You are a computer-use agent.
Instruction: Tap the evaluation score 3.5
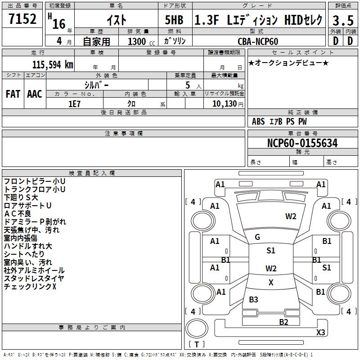[x=342, y=20]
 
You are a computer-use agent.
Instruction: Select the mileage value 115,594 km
[x=53, y=64]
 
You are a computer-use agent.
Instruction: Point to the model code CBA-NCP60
[x=258, y=41]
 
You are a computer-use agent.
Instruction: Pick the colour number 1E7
[x=74, y=103]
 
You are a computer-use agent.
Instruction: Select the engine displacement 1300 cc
[x=136, y=41]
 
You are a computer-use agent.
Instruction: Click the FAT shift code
[x=13, y=94]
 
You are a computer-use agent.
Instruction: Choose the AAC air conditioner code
[x=35, y=94]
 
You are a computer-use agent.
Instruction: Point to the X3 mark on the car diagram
[x=320, y=333]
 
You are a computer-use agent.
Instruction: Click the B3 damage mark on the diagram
[x=254, y=300]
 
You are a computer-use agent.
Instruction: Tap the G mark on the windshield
[x=257, y=237]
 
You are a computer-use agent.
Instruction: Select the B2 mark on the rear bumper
[x=283, y=322]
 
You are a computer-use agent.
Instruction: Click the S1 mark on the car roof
[x=270, y=251]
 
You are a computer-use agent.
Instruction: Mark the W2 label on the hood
[x=291, y=216]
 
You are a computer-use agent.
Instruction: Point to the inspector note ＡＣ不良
[x=18, y=213]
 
